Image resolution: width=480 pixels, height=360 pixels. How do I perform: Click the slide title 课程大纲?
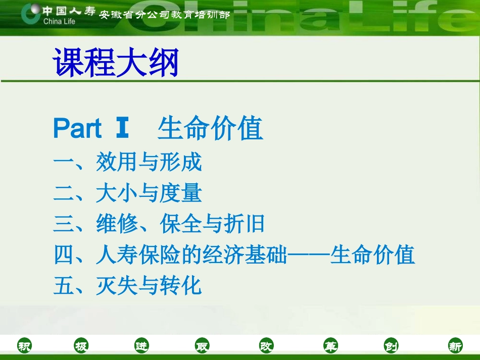point(116,63)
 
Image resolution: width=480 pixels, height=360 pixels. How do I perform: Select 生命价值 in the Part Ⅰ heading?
point(210,129)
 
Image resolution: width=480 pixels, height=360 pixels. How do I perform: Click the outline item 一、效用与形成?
point(128,163)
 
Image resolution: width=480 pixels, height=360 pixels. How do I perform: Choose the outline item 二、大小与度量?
point(128,193)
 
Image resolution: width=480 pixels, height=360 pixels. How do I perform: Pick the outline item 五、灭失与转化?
point(128,286)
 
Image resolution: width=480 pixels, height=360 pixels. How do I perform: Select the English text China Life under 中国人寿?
point(59,22)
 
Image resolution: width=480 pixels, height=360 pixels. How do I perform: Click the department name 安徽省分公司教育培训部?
point(164,15)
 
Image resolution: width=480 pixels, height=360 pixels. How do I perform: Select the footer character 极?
point(81,346)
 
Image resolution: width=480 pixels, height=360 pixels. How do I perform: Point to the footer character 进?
point(142,346)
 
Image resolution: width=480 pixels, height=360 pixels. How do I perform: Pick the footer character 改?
point(266,346)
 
